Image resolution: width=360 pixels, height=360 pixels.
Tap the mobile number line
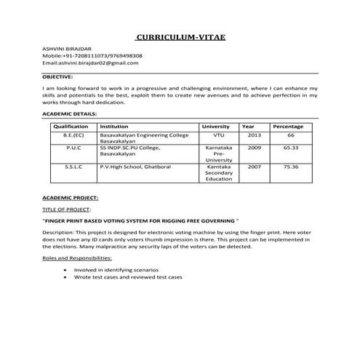92,55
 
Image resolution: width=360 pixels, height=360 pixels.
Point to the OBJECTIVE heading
57,76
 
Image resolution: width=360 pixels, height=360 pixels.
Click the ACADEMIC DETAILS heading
69,114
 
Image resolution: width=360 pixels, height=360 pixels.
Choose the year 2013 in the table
254,135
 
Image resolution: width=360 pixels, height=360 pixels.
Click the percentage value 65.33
291,148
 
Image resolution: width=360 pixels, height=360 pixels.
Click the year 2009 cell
254,148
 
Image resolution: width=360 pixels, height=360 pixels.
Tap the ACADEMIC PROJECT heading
70,198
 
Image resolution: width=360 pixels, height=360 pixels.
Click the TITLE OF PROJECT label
66,209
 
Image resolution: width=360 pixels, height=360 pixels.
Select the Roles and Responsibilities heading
79,258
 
